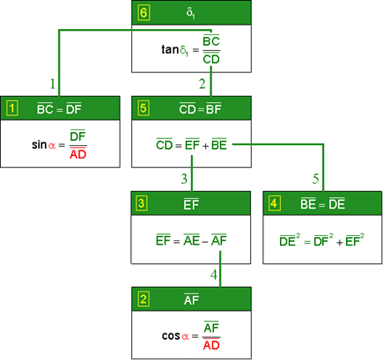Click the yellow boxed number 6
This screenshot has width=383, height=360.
[x=144, y=13]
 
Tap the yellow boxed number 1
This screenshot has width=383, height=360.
[x=11, y=108]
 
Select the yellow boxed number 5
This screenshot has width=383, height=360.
[x=144, y=108]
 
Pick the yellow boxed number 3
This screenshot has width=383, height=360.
[x=142, y=203]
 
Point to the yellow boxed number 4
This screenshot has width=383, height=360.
[x=274, y=203]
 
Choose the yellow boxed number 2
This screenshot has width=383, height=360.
[x=144, y=299]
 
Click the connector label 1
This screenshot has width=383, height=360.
[x=53, y=84]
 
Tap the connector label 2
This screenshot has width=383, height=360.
[x=203, y=84]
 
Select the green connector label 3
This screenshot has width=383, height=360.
[x=184, y=179]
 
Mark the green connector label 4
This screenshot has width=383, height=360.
[x=214, y=275]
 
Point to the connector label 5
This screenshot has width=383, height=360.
[x=315, y=179]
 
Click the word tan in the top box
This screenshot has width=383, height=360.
[x=170, y=49]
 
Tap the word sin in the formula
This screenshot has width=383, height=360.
[x=40, y=144]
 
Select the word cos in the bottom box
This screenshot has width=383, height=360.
[x=172, y=335]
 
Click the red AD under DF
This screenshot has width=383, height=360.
[x=78, y=154]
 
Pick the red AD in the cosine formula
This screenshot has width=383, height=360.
[x=211, y=345]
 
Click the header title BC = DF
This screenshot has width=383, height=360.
[x=59, y=109]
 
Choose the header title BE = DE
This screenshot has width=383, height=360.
[x=322, y=204]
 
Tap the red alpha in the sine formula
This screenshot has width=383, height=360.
[x=52, y=145]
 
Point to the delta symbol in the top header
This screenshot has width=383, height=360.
[x=190, y=13]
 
